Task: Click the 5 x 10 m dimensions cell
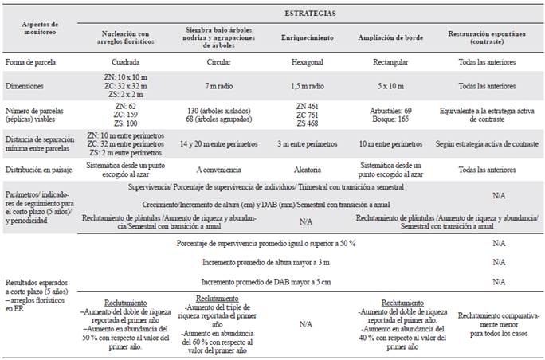coord(390,84)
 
